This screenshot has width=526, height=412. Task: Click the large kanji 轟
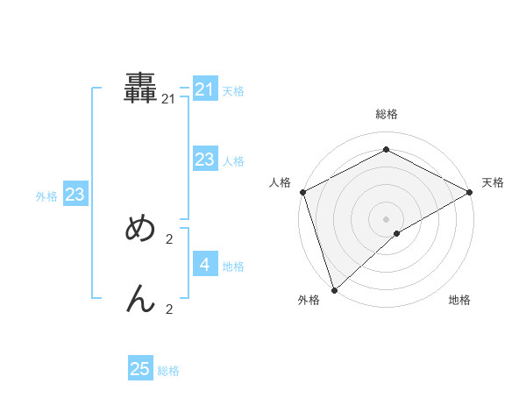pos(141,89)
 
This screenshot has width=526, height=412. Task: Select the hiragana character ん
pos(141,299)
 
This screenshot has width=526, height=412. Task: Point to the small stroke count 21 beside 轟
pos(168,100)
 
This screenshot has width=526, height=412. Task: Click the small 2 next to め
pos(169,238)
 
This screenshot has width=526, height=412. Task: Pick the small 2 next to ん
pos(169,309)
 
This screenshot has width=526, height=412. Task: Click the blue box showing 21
pos(205,89)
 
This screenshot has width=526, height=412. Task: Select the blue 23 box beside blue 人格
pos(205,159)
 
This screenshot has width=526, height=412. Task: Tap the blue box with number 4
pos(205,264)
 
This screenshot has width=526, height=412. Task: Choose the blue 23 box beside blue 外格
pos(75,195)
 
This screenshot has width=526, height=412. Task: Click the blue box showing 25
pos(140,369)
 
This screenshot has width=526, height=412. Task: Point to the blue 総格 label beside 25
pos(168,371)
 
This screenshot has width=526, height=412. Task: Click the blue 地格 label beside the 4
pos(233,266)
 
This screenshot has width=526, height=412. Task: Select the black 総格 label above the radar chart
pos(386,114)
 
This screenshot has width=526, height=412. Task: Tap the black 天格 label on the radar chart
pos(493,182)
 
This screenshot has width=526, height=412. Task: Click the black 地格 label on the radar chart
pos(459,301)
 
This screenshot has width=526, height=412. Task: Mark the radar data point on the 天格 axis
pos(470,192)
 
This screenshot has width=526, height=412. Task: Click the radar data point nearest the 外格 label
pos(334,290)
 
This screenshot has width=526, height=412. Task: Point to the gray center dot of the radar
pos(386,219)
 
